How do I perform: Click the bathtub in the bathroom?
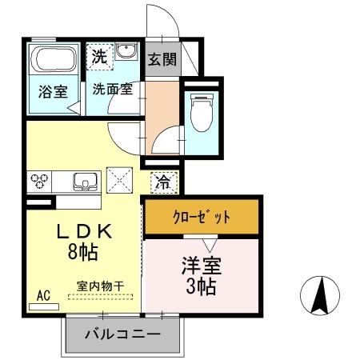pos(54,60)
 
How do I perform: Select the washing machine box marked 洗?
pos(98,57)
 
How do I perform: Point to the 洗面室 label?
pos(111,89)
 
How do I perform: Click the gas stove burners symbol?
pos(40,180)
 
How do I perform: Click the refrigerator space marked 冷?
pos(162,181)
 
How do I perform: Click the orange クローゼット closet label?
pos(202,217)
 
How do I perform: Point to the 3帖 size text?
pos(202,287)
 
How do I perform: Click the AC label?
pos(43,296)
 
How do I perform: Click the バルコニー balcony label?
pos(122,333)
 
